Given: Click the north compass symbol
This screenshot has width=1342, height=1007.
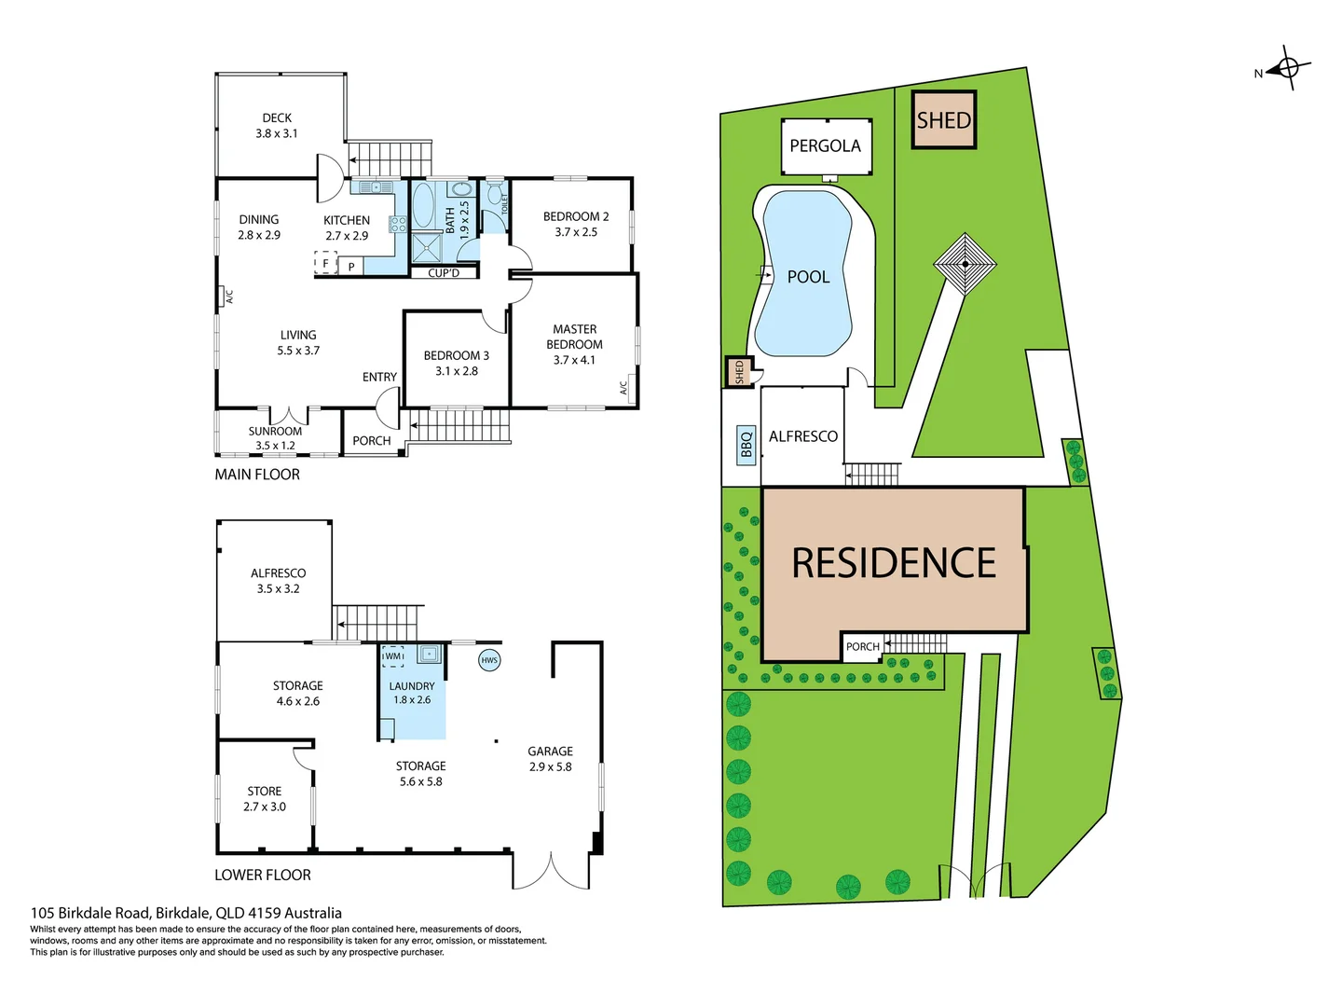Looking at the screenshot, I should coord(1288,68).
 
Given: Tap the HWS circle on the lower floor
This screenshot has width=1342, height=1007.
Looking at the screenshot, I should coord(489,660).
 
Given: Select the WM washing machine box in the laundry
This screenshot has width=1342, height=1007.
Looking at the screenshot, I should coord(393,656).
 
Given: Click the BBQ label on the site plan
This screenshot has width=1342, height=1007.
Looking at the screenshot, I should coord(746,445).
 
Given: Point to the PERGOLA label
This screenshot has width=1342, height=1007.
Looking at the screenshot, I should coord(825,145).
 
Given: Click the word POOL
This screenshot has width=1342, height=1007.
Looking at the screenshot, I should coord(808,277).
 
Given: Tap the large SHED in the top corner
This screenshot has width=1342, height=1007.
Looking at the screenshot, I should coord(943,119).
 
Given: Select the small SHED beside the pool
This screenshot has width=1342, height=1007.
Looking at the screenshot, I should coord(739,372).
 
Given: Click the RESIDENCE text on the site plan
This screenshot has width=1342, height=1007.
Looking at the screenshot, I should coord(894,563).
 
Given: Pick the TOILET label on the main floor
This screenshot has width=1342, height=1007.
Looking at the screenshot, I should coord(504,203).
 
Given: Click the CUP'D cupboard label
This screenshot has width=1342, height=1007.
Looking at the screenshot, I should coord(444,273).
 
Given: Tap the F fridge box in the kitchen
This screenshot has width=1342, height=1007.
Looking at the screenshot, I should coord(325,264).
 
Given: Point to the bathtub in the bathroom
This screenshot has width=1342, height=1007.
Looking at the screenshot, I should coord(423,205).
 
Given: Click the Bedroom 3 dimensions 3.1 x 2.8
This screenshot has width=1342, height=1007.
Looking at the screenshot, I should coord(456,371).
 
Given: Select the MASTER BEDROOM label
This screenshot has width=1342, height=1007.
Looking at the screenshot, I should coord(574,337).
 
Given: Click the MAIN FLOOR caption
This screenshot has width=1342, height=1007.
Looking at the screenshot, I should coord(257,475).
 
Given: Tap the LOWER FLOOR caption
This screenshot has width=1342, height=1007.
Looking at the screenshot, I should coord(263,875).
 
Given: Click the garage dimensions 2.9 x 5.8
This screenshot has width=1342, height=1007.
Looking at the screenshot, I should coord(550,766).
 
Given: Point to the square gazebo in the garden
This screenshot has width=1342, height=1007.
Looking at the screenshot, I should coord(965,264).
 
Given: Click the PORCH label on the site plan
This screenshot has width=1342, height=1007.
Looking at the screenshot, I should coord(862,646).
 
